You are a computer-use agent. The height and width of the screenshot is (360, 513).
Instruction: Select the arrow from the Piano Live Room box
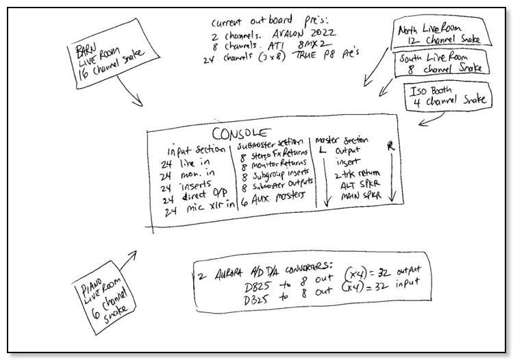click(x=128, y=262)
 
